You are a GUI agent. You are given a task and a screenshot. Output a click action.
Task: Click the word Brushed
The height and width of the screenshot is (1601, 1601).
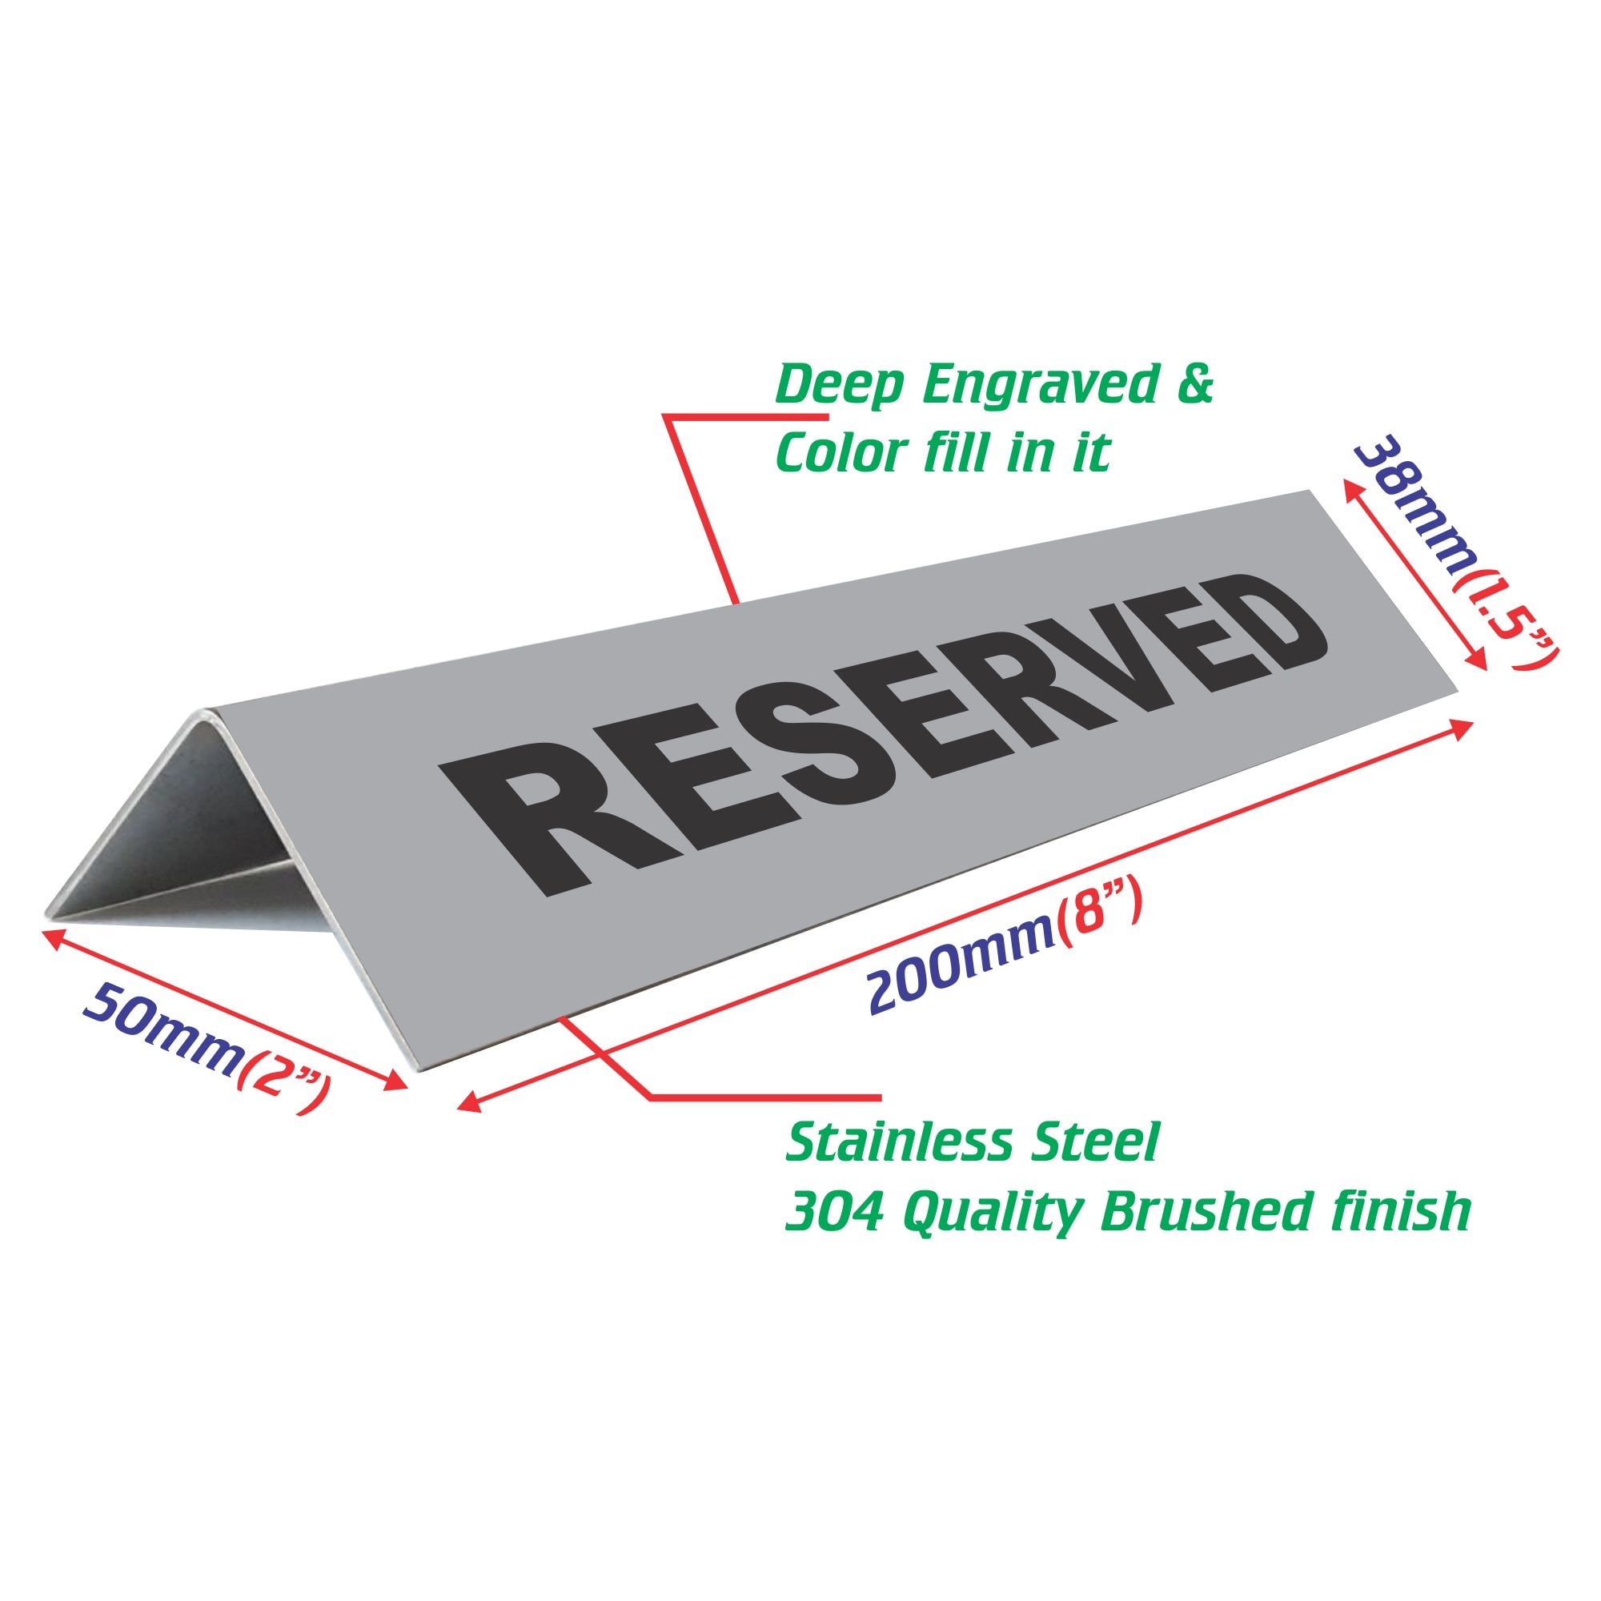pyautogui.click(x=1190, y=1212)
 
